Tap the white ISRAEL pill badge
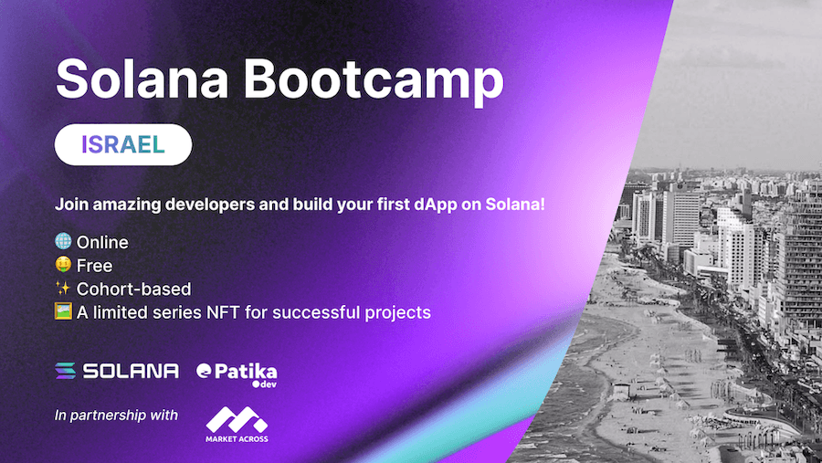point(122,145)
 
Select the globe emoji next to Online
point(63,242)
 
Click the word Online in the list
point(102,242)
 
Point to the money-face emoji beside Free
point(63,266)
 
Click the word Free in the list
point(94,266)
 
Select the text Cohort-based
point(133,289)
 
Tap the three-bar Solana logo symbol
point(66,371)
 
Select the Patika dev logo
point(237,374)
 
